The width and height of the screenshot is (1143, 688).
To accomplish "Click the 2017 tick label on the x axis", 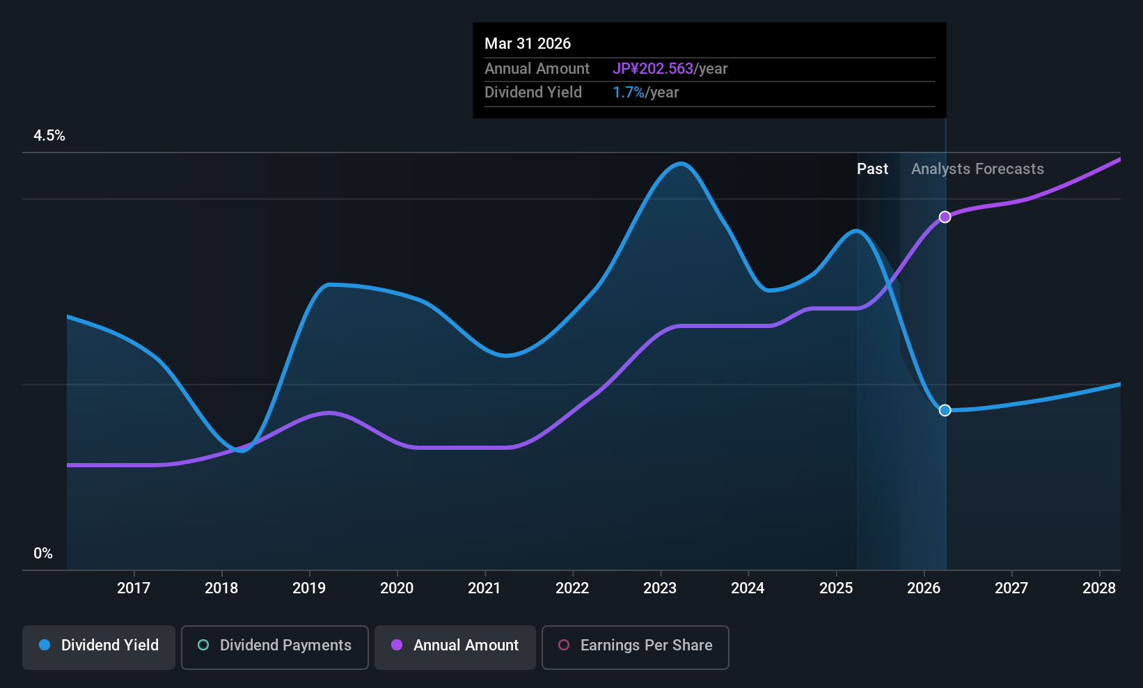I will (134, 588).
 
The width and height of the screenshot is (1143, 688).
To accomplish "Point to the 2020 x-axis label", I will (397, 588).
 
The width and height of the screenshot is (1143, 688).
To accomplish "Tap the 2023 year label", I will (660, 588).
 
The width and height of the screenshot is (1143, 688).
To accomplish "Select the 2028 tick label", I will (1099, 588).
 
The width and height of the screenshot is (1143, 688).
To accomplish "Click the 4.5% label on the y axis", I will (49, 136).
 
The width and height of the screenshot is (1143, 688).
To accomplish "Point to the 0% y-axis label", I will (43, 554).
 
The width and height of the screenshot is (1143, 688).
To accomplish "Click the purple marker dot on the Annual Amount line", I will (945, 217).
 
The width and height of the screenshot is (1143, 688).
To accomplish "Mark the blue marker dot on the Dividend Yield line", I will (945, 410).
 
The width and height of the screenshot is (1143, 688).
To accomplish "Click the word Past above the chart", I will (872, 169).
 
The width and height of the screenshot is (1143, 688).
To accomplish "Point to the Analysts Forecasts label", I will (977, 169).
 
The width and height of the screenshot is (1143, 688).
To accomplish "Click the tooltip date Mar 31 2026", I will (528, 44).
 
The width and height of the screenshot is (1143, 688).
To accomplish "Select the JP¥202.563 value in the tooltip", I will (653, 69).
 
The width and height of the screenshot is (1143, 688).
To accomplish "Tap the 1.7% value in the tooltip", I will (629, 93).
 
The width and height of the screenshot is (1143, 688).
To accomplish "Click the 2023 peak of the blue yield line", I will (681, 164).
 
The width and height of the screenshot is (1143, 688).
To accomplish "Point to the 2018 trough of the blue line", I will (242, 451).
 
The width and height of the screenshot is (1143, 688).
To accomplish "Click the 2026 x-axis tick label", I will (924, 588).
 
